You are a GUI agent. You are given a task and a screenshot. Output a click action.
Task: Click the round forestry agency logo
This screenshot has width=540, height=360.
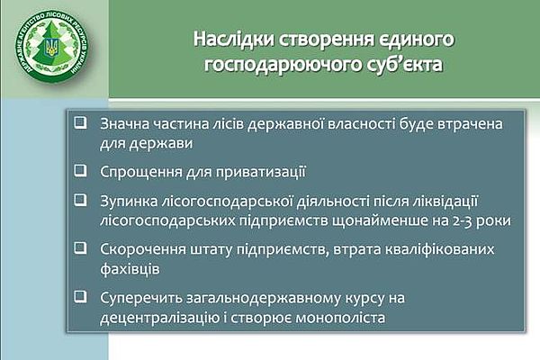(x=51, y=46)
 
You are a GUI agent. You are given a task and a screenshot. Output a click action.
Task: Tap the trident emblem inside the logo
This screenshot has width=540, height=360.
(x=52, y=47)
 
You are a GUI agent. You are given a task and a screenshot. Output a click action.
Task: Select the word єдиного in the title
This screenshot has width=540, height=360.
(x=417, y=40)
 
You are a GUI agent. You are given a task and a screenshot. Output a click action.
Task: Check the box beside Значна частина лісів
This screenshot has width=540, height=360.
(x=81, y=123)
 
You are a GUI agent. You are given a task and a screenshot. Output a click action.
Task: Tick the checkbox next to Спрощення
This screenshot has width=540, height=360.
(x=81, y=170)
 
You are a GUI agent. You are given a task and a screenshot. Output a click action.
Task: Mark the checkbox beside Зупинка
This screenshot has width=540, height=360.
(x=81, y=200)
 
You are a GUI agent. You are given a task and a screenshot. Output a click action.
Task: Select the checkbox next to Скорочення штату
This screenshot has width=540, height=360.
(x=81, y=248)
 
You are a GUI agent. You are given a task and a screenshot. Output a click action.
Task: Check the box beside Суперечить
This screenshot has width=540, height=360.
(x=81, y=297)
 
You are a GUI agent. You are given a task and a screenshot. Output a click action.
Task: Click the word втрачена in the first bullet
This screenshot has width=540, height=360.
(x=470, y=124)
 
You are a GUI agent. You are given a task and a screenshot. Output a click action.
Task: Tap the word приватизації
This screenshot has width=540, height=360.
(x=261, y=172)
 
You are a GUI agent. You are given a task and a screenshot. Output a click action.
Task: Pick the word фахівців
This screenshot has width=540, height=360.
(x=130, y=269)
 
